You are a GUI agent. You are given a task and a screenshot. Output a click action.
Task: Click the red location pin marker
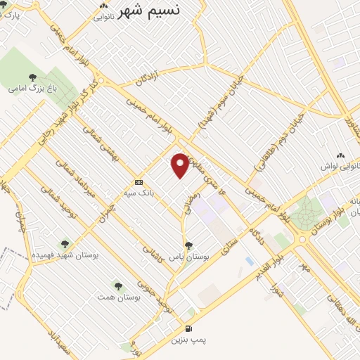pos(181,165)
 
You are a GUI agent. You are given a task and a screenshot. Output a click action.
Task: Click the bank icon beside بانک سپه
pos(139,181)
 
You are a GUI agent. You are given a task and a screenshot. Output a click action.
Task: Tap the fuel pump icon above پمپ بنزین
pos(188,328)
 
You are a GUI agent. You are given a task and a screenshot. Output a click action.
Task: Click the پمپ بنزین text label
pos(188,340)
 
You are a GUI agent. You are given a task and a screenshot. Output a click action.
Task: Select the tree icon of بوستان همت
pos(117,286)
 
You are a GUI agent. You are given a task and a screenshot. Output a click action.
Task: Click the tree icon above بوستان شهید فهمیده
pos(65,244)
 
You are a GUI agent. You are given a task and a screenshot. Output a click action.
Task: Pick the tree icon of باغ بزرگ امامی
pos(31,77)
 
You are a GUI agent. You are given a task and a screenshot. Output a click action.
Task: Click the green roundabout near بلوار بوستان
pos(305,213)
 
